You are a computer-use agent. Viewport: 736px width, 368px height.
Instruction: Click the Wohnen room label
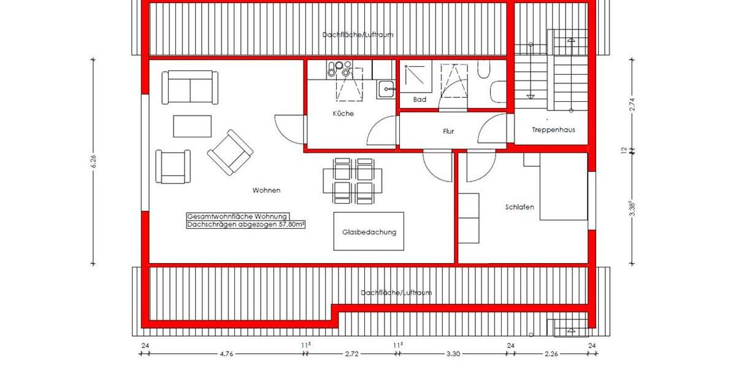(266, 190)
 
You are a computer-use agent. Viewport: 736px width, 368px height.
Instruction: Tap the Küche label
(343, 113)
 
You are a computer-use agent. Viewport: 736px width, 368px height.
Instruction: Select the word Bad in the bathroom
(420, 99)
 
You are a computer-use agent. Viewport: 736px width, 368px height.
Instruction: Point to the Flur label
(448, 131)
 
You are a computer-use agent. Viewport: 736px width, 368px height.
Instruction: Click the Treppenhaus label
(553, 130)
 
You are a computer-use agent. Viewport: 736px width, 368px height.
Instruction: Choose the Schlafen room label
(519, 207)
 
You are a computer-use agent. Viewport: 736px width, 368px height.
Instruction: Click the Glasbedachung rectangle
(369, 231)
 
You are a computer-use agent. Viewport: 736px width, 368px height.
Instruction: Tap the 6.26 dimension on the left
(93, 162)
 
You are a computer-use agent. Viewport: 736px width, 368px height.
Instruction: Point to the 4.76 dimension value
(227, 354)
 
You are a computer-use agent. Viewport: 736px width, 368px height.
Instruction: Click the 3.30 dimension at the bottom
(453, 354)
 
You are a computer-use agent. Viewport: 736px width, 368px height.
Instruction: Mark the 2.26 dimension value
(551, 354)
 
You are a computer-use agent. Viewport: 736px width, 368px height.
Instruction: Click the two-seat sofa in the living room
(190, 88)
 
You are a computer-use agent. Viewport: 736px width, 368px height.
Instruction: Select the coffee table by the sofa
(192, 126)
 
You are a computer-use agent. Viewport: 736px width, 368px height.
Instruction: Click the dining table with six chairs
(353, 181)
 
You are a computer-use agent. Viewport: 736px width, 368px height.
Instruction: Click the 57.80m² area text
(245, 225)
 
